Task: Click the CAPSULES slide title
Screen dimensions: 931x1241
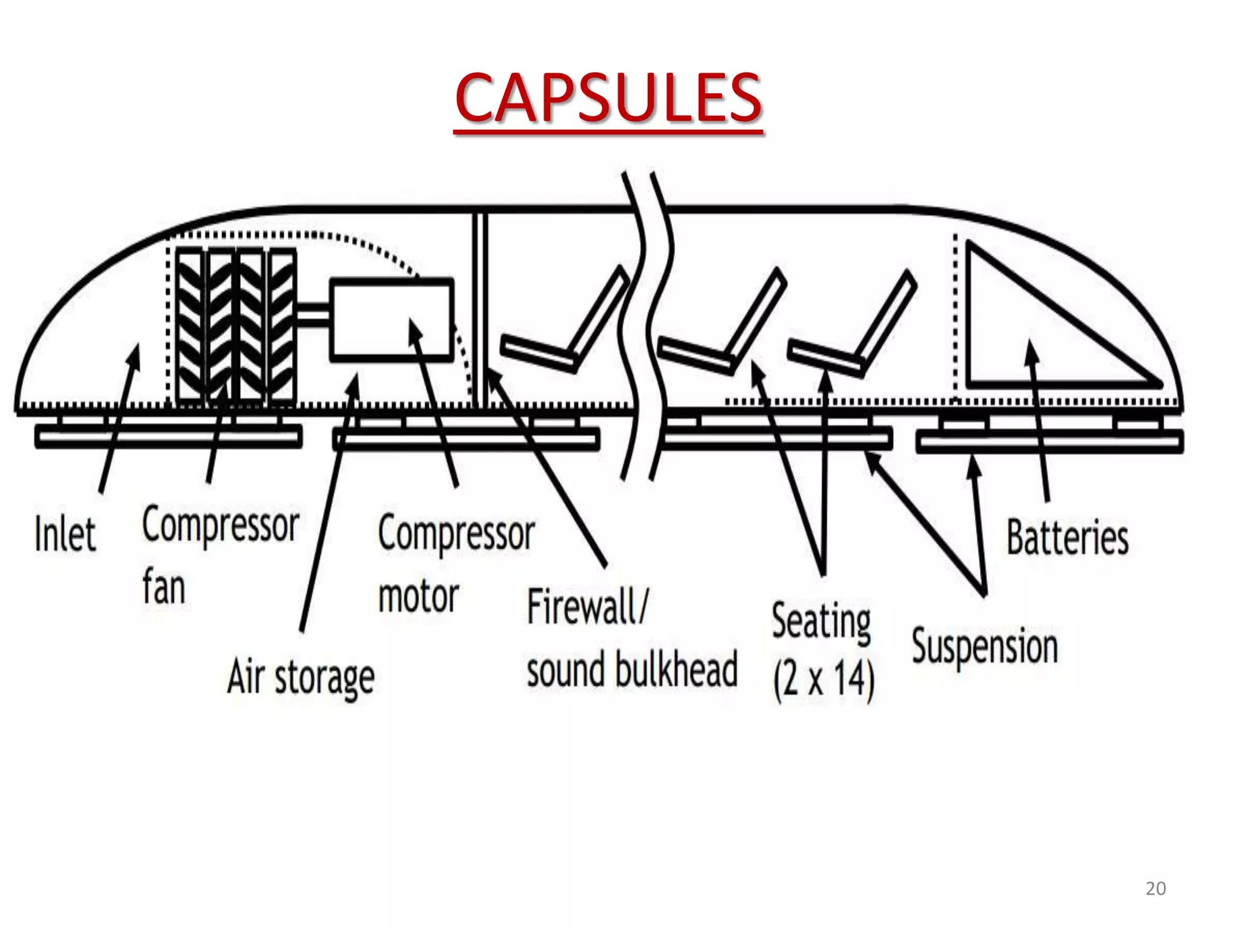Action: pyautogui.click(x=608, y=98)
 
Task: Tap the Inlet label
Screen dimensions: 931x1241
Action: pyautogui.click(x=65, y=534)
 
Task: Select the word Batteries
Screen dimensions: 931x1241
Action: pyautogui.click(x=1067, y=538)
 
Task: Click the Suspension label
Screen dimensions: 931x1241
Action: pyautogui.click(x=985, y=647)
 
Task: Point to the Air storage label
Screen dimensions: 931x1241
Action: pyautogui.click(x=301, y=677)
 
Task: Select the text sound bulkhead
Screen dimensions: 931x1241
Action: pyautogui.click(x=632, y=670)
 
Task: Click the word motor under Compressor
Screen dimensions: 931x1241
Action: pyautogui.click(x=418, y=596)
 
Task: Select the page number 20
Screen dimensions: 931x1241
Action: pyautogui.click(x=1156, y=889)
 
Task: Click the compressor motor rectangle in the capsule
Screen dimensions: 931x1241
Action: pyautogui.click(x=391, y=320)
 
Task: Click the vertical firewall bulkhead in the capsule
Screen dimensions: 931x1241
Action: pyautogui.click(x=479, y=309)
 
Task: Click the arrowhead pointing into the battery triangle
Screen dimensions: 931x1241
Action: pyautogui.click(x=1030, y=350)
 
